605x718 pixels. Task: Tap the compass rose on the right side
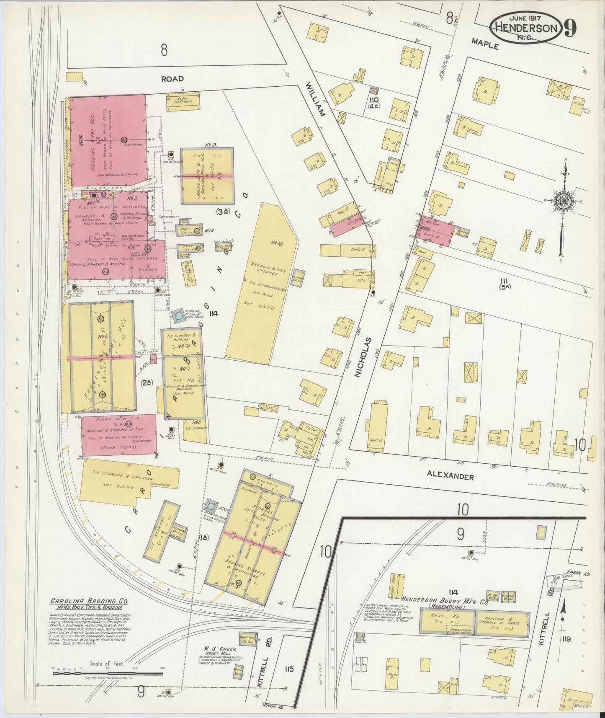(x=563, y=201)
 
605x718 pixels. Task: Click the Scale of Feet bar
(x=108, y=674)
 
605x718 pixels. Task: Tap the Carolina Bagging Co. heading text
(x=89, y=601)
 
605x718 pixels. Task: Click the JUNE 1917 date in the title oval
(x=526, y=18)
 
